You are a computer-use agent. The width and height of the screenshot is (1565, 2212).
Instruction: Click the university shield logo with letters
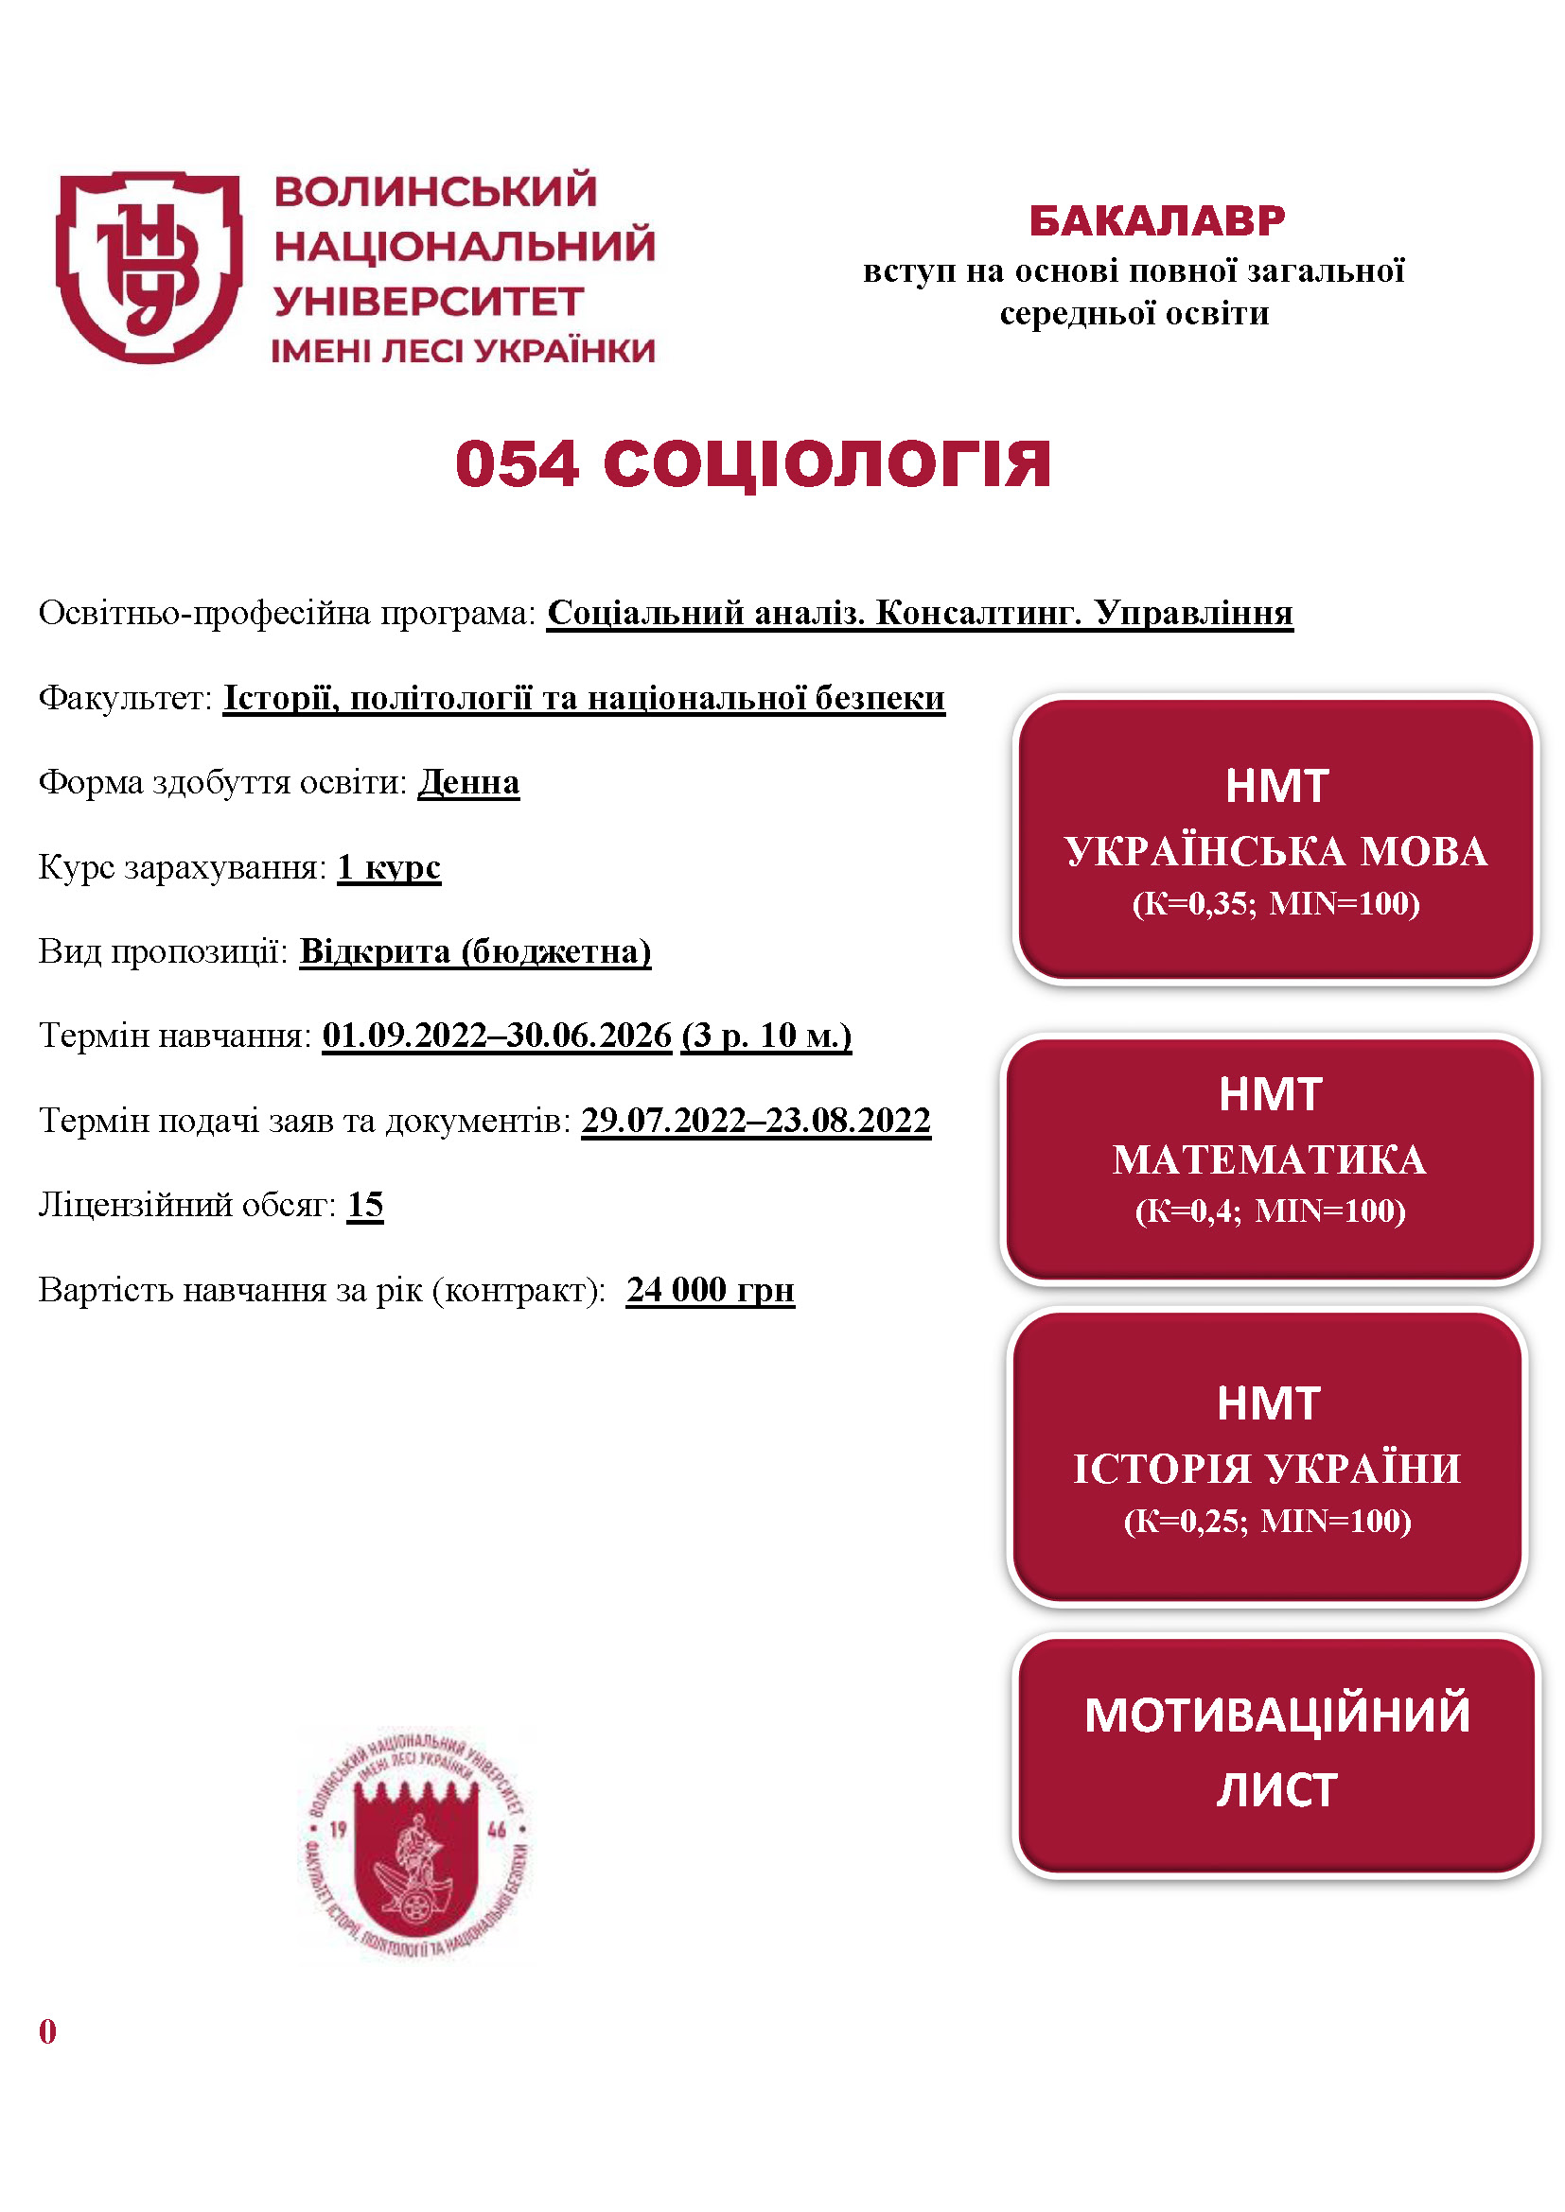149,267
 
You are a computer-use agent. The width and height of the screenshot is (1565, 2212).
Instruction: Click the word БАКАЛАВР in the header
1156,221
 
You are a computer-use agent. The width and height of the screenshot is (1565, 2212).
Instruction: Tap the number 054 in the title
518,464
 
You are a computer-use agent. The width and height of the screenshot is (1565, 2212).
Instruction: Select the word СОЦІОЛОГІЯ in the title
826,464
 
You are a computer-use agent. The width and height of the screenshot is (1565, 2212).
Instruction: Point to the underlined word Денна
468,782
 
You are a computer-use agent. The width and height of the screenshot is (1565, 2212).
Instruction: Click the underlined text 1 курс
388,867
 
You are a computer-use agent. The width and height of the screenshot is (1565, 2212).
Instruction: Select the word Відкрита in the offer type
374,952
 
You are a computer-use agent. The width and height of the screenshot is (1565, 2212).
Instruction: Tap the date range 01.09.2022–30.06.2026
497,1036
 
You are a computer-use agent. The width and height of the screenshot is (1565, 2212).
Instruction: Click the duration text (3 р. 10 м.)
766,1036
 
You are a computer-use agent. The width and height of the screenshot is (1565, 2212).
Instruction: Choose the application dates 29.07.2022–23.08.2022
755,1121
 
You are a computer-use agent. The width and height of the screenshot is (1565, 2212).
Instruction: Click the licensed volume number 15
365,1205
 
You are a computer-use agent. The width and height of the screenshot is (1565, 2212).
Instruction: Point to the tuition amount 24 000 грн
711,1290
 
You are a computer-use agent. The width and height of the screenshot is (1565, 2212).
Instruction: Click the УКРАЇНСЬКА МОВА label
1275,852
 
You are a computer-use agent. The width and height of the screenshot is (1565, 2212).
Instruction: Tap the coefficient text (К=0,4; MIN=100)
1270,1211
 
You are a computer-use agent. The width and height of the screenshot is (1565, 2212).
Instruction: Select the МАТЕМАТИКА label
1269,1160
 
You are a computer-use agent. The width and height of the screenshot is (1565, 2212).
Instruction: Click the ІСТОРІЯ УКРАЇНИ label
1267,1470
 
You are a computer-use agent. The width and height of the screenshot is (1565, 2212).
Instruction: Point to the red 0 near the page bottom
47,2031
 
